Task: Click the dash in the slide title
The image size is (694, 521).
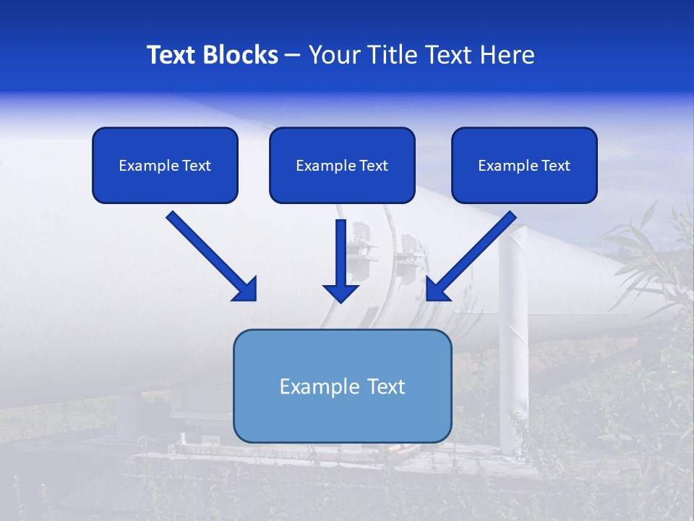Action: pyautogui.click(x=293, y=56)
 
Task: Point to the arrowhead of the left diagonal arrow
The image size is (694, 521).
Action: pyautogui.click(x=245, y=289)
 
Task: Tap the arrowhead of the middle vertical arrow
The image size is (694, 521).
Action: pyautogui.click(x=340, y=293)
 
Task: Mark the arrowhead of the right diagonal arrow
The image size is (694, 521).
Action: pyautogui.click(x=437, y=289)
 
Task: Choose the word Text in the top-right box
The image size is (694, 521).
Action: pyautogui.click(x=555, y=166)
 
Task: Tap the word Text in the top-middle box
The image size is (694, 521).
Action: pyautogui.click(x=373, y=166)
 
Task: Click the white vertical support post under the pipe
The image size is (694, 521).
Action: pyautogui.click(x=512, y=340)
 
